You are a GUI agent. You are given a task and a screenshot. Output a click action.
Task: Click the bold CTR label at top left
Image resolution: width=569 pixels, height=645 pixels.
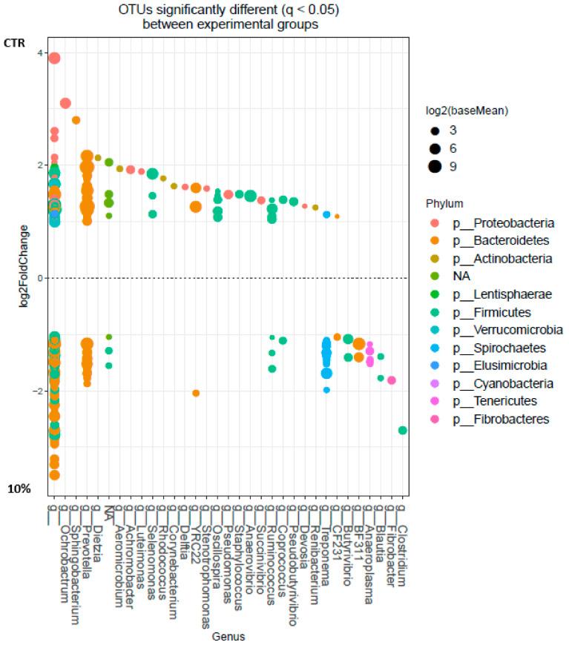[16, 43]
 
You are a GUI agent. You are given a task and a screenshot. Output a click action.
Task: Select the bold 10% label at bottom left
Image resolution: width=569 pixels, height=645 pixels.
[19, 489]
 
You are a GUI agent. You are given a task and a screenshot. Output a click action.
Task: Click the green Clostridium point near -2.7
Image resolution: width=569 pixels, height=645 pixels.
[403, 430]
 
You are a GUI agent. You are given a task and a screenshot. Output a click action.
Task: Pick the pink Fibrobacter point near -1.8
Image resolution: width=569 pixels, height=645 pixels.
[392, 380]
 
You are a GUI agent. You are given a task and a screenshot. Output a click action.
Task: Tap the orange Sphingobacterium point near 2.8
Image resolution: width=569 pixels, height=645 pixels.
[76, 120]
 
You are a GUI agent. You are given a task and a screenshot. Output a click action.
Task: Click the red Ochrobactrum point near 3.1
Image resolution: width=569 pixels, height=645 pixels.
[65, 103]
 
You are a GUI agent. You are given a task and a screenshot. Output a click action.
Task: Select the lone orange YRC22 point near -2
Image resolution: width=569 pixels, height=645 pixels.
[196, 393]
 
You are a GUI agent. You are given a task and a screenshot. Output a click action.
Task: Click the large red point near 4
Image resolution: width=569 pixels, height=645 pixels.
[54, 59]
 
